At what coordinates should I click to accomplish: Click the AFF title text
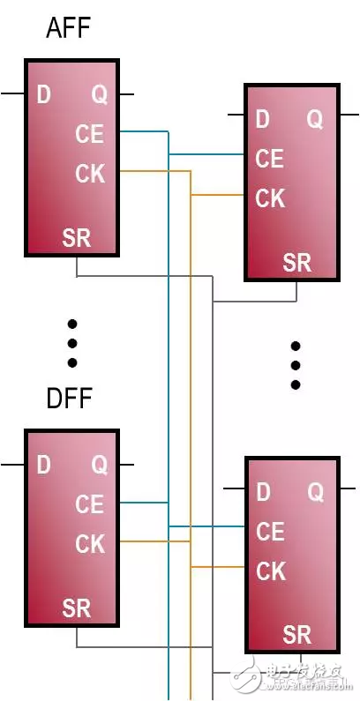coord(69,29)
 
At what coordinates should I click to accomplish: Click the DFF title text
coord(69,399)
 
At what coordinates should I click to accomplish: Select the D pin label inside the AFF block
coord(43,94)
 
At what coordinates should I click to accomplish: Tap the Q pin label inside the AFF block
coord(99,94)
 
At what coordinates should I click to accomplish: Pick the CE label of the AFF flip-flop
coord(90,134)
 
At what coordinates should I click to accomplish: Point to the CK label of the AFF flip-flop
coord(90,174)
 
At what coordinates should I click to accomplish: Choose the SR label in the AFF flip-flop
coord(77,238)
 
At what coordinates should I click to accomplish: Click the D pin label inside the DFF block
coord(43,465)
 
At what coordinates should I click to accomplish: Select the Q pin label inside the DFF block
coord(99,465)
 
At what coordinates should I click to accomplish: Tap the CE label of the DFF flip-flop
coord(90,504)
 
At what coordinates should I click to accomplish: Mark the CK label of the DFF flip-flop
coord(90,544)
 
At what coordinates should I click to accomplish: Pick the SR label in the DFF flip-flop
coord(77,608)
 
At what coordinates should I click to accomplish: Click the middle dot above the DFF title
coord(72,343)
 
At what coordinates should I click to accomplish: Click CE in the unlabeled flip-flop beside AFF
coord(269,159)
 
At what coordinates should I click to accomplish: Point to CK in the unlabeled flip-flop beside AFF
coord(270,198)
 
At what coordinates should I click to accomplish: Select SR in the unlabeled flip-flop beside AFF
coord(297,262)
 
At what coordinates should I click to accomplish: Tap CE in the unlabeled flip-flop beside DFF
coord(270,532)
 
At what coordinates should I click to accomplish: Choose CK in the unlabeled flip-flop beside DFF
coord(271,571)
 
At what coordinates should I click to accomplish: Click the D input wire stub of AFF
coord(12,93)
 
